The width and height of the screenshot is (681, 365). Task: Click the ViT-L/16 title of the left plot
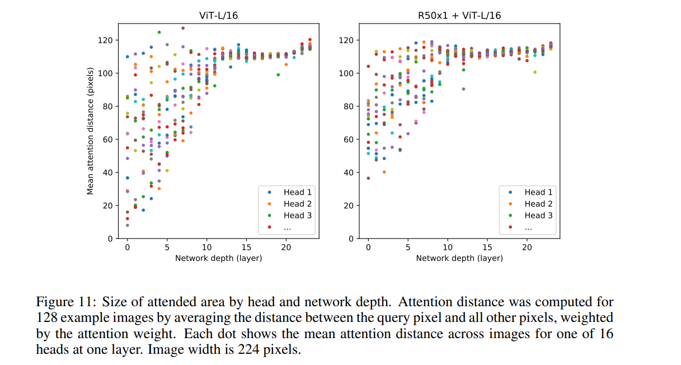tap(218, 16)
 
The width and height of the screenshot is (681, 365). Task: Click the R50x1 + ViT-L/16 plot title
tap(459, 16)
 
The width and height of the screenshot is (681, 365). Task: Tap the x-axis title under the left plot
tap(218, 258)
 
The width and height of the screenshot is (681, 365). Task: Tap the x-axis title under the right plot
tap(459, 258)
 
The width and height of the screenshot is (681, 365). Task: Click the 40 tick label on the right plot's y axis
tap(348, 172)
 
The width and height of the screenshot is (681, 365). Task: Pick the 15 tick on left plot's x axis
tap(246, 247)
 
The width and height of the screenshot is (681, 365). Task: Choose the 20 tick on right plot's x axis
tap(527, 247)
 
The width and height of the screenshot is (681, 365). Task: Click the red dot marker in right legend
tap(510, 227)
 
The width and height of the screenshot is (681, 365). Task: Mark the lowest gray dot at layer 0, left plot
tap(128, 225)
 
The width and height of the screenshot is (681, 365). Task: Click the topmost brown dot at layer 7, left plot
tap(183, 28)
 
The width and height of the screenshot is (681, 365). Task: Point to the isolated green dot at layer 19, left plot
tap(278, 74)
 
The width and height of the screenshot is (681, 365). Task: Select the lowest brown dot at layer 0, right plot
tap(368, 178)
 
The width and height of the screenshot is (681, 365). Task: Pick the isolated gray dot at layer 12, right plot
tap(463, 89)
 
